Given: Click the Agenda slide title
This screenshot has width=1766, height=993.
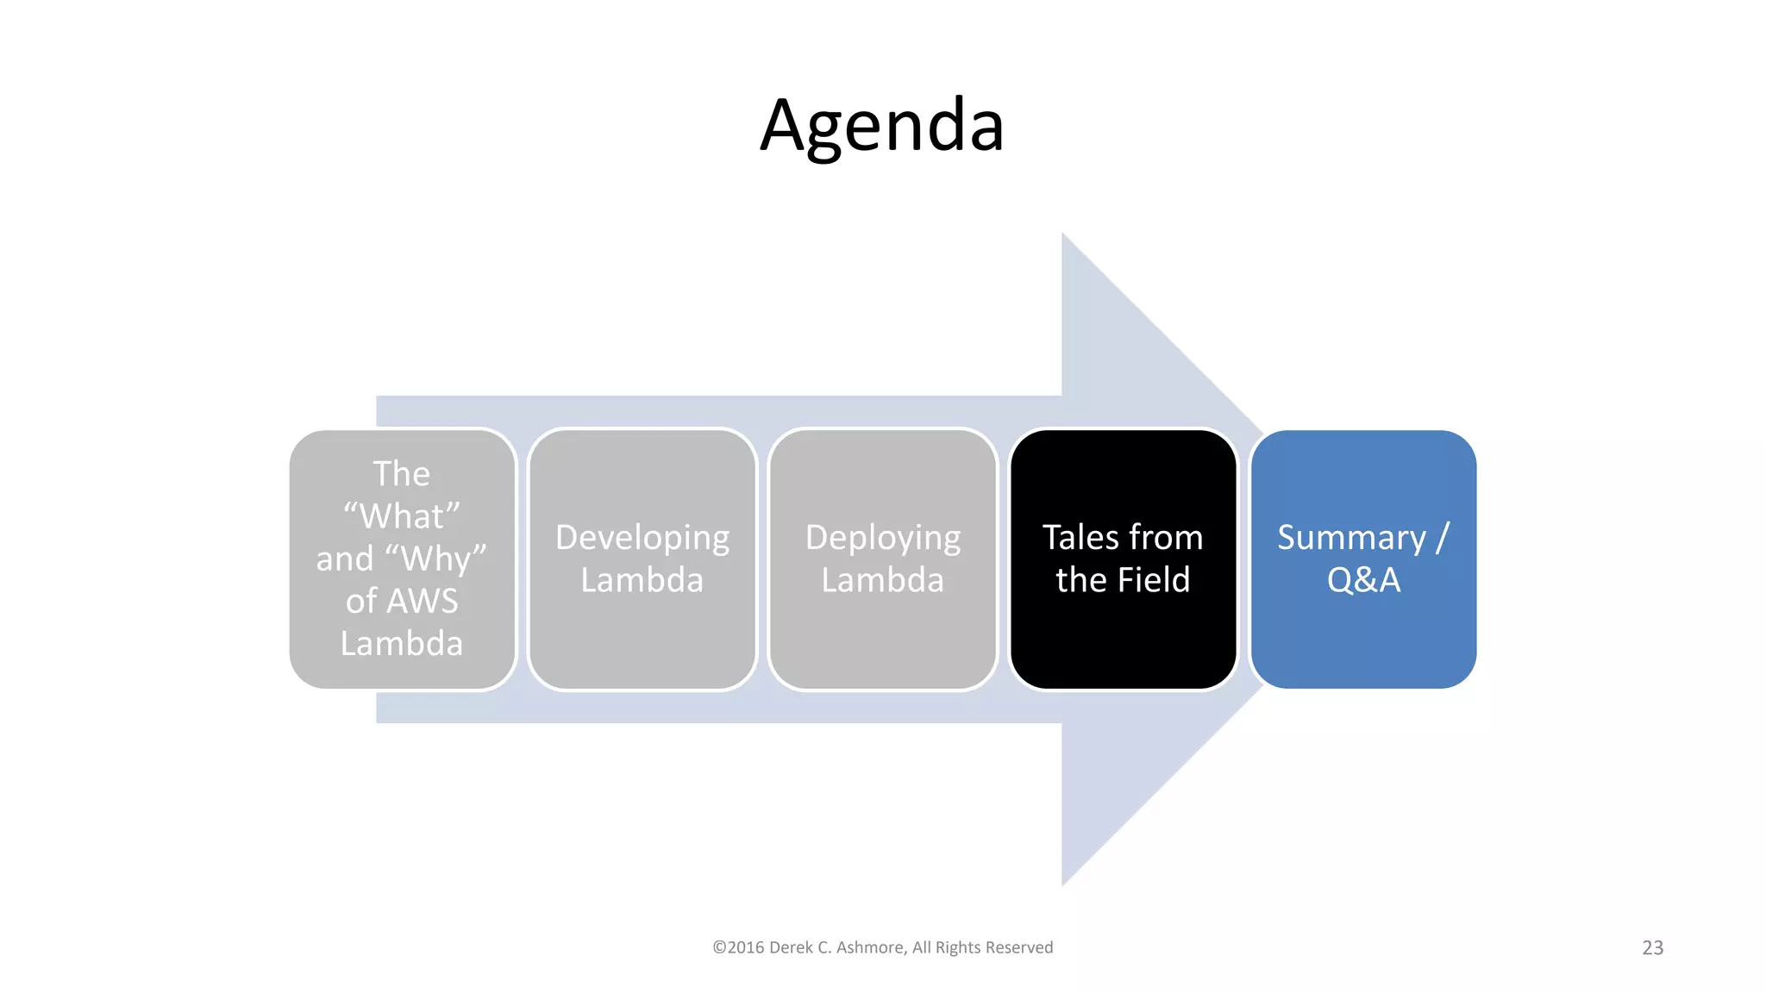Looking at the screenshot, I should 882,126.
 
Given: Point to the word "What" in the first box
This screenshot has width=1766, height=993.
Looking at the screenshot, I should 402,516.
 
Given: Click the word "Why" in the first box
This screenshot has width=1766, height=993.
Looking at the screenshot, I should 443,559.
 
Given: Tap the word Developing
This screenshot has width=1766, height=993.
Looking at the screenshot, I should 642,538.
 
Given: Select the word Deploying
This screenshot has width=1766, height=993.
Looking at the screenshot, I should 882,538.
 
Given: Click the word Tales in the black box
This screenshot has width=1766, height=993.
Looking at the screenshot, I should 1080,537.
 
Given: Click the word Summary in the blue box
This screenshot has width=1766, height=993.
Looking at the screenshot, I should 1351,538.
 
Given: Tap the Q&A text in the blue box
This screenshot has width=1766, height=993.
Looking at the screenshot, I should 1363,579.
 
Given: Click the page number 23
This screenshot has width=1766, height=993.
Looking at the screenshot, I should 1652,947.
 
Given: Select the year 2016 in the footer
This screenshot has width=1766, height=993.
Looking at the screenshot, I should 746,947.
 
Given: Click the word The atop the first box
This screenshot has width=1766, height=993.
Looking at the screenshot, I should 401,474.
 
